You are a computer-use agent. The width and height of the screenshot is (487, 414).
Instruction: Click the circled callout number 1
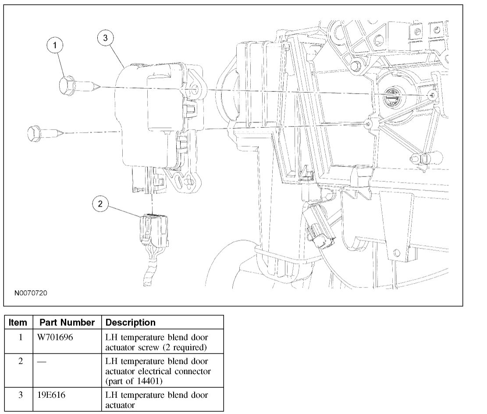tap(55, 45)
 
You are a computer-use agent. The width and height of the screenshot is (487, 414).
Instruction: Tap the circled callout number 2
tap(100, 204)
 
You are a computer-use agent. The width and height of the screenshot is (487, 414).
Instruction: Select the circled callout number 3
tap(105, 39)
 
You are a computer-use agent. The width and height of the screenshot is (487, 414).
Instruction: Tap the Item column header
tap(18, 322)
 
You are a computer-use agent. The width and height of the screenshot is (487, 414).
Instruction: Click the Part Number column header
tap(67, 322)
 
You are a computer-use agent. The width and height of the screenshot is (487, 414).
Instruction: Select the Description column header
tap(131, 322)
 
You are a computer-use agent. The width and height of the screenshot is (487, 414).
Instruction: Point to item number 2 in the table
tap(20, 361)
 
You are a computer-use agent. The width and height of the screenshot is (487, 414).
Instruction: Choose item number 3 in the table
tap(20, 395)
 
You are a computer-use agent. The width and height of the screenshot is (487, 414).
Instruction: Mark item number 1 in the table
tap(20, 337)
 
